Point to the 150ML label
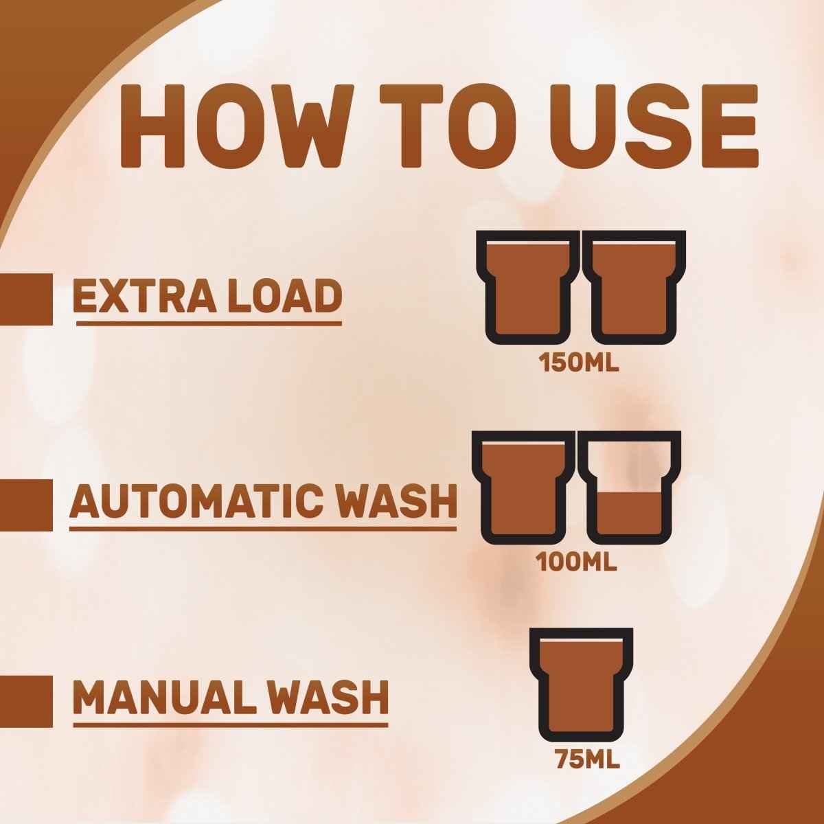click(580, 363)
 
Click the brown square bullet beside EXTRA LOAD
click(26, 299)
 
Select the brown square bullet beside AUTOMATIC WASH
click(26, 505)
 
